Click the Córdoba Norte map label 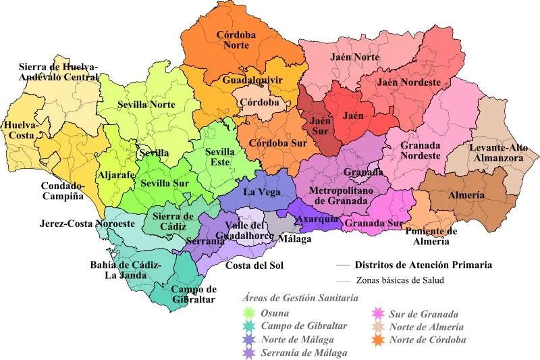(240, 40)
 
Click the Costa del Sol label (253, 265)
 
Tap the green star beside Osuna (248, 313)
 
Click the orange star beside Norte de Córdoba (380, 339)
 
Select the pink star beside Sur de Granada (380, 314)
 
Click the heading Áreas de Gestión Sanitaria (300, 297)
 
